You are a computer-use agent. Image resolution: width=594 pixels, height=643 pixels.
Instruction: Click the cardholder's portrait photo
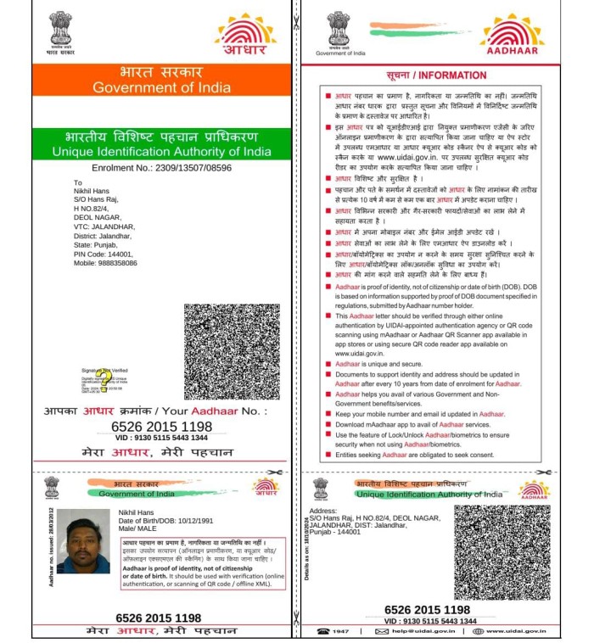(83, 540)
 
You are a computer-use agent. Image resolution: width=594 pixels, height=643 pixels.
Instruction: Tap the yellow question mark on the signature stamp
(104, 376)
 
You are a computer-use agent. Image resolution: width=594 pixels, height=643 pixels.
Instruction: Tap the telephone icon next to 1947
(322, 631)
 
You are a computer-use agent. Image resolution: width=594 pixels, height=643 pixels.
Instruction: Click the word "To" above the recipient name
(78, 182)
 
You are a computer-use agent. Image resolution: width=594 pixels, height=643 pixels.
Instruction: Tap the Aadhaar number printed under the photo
(158, 618)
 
